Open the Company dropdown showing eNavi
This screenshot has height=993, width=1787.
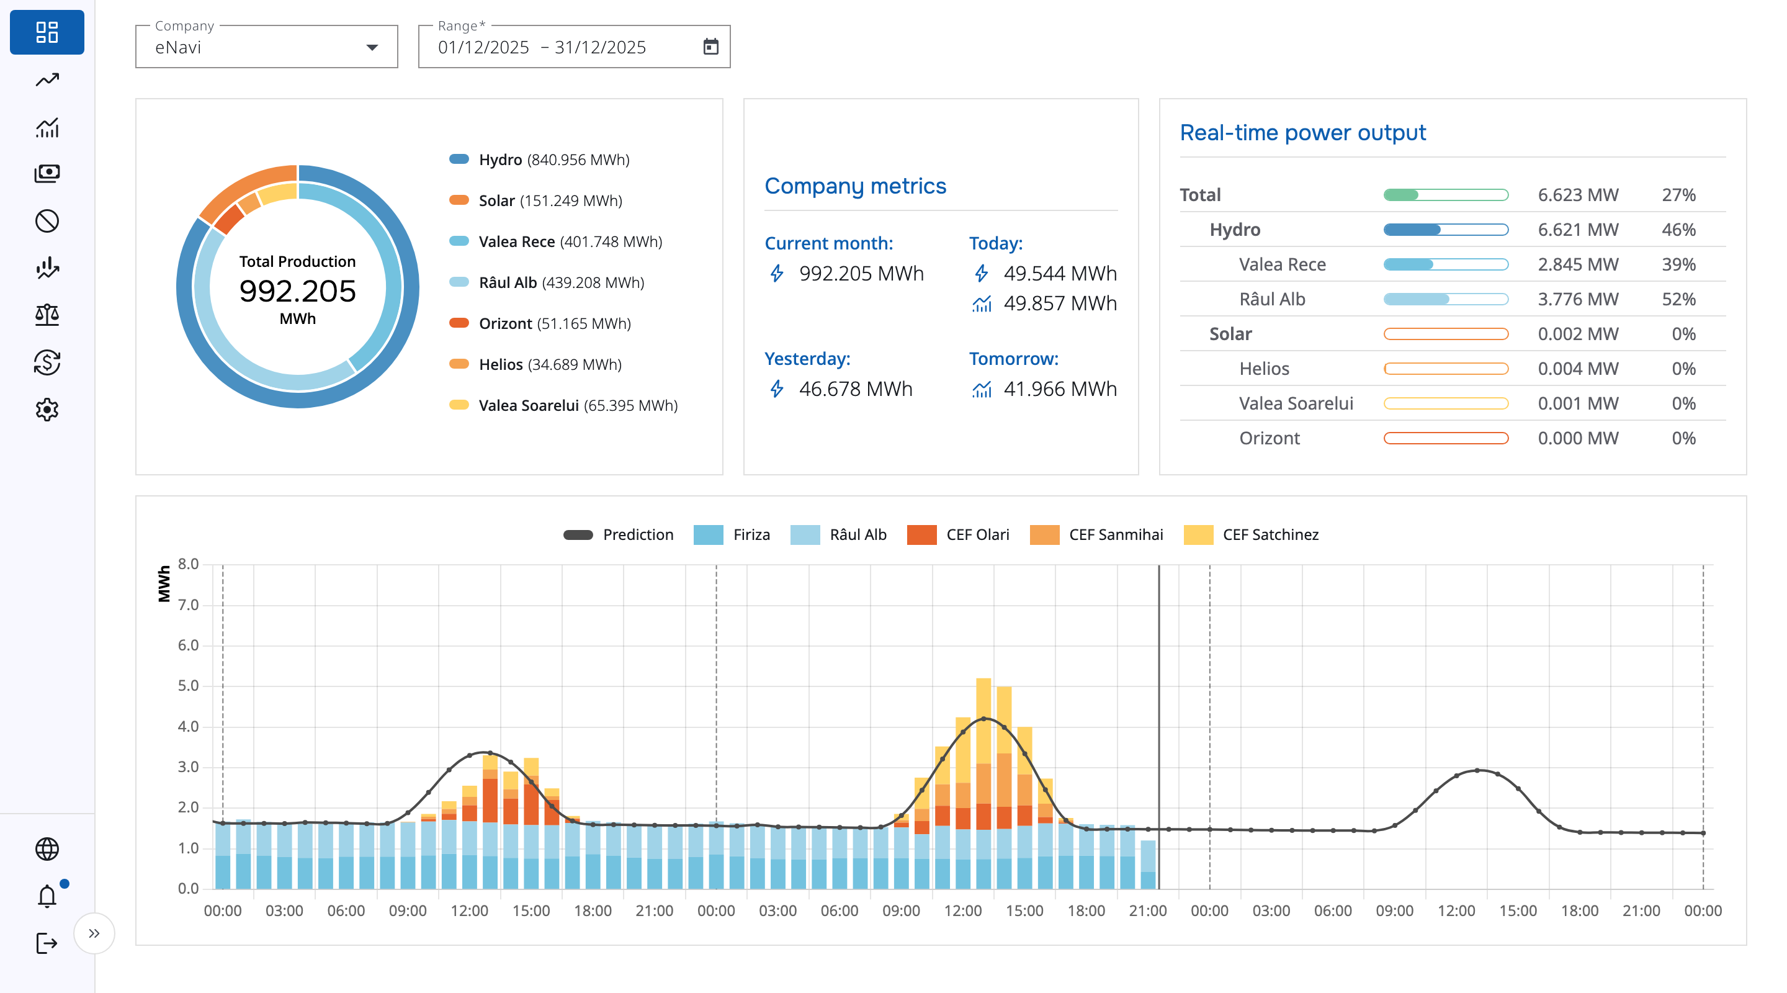(x=266, y=47)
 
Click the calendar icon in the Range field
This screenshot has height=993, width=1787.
(x=710, y=47)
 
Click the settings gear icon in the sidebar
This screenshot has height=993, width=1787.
(x=47, y=410)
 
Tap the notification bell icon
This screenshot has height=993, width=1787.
(x=47, y=896)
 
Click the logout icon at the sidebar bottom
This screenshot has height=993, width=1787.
(x=47, y=943)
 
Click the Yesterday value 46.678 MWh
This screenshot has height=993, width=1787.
(x=856, y=389)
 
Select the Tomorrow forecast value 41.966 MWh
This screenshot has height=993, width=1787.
(x=1060, y=389)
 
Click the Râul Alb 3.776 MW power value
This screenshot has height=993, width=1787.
(x=1577, y=299)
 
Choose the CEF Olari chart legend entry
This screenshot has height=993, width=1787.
(x=959, y=534)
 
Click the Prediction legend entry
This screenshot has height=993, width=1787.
(x=618, y=534)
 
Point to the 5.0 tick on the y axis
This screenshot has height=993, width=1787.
(x=188, y=686)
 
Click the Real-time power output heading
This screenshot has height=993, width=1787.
(x=1302, y=133)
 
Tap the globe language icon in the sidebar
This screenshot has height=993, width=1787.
(x=47, y=848)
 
